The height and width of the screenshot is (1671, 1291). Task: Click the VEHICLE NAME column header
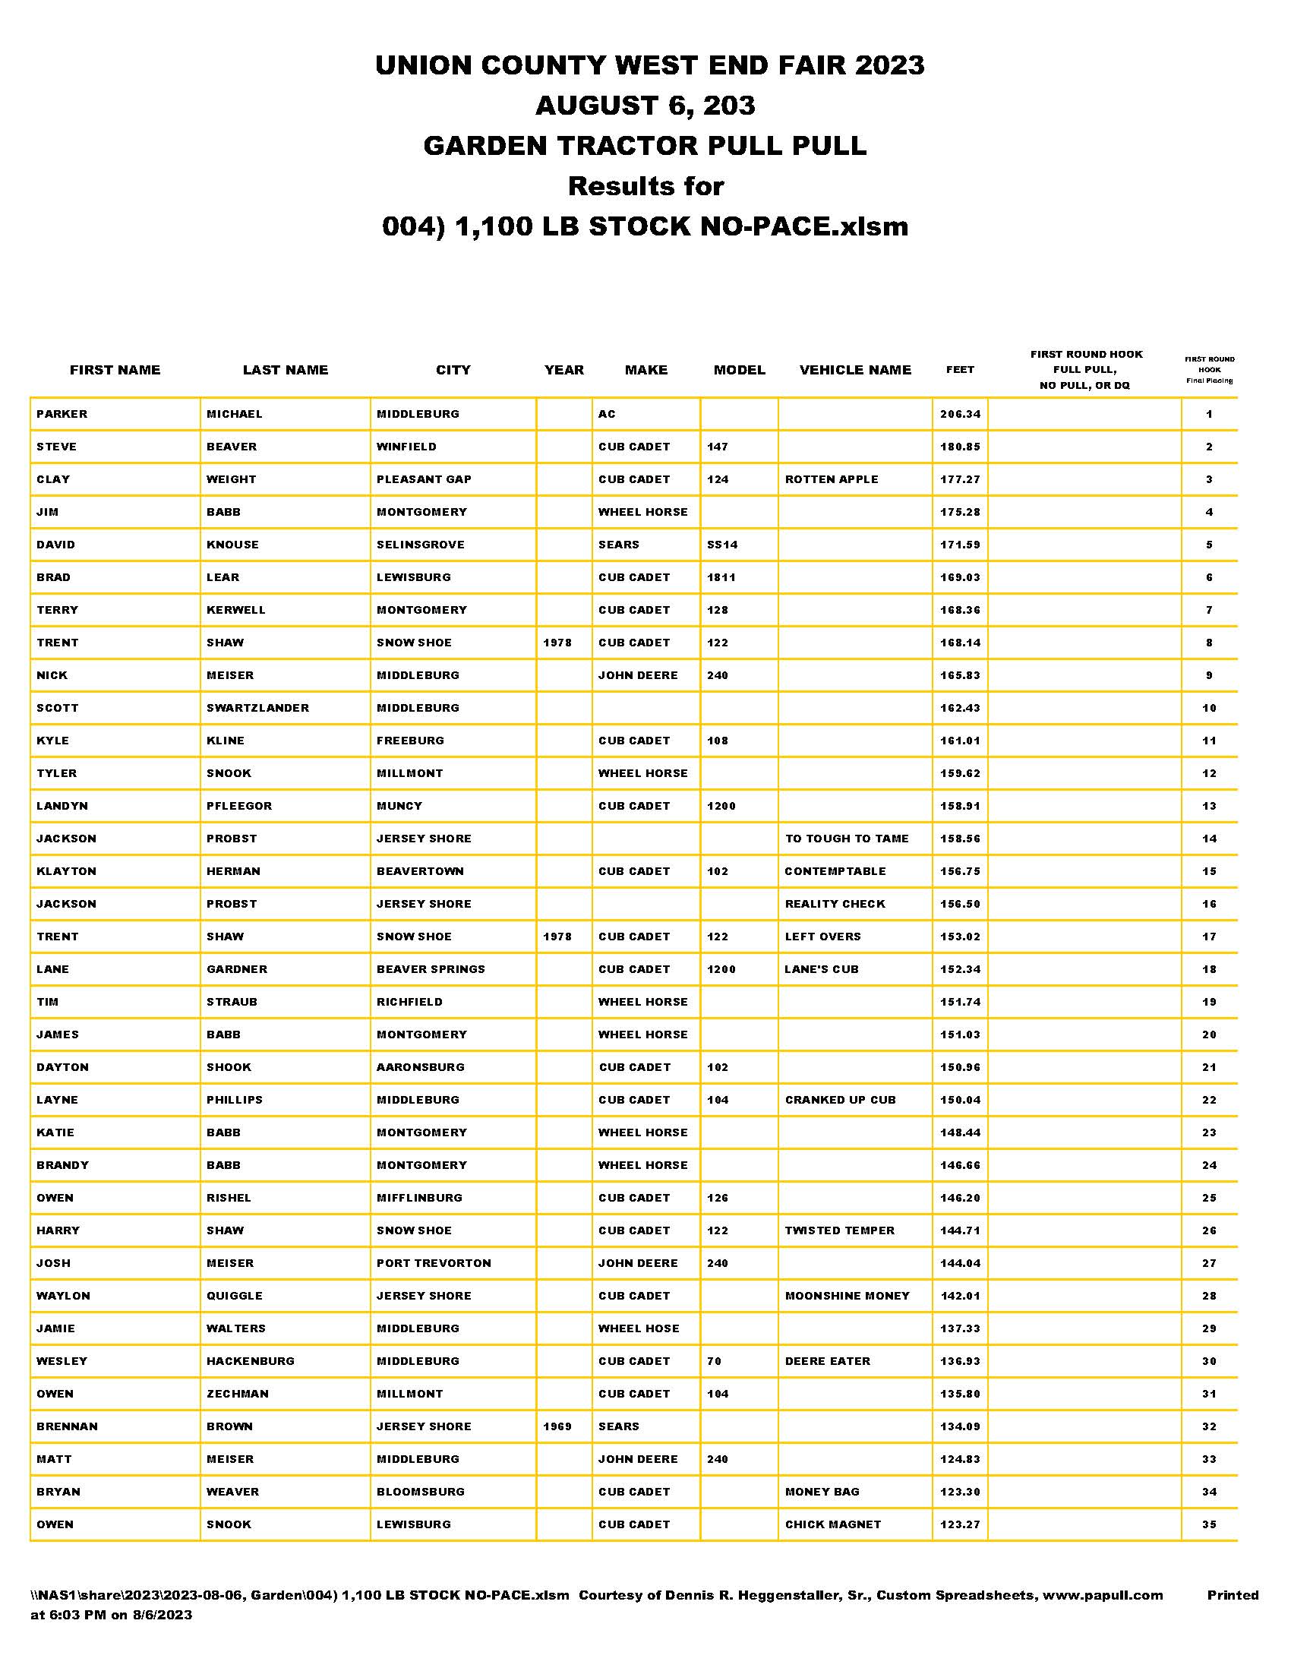pos(855,371)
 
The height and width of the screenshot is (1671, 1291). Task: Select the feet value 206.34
pos(960,414)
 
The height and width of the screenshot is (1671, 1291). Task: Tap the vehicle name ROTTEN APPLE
pos(832,480)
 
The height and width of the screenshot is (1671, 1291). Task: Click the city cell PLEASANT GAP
pos(424,480)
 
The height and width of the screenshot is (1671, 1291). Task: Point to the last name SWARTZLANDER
pos(257,708)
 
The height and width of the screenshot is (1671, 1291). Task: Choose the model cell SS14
pos(722,545)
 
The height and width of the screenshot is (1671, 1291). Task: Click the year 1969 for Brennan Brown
pos(557,1426)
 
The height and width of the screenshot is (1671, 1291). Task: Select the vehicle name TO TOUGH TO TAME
pos(847,839)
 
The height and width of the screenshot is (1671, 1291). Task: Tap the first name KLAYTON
pos(67,871)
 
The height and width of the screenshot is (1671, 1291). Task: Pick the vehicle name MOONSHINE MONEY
pos(848,1296)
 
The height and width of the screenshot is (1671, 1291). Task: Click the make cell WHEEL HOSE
pos(639,1328)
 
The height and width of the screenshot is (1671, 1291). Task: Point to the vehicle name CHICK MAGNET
pos(833,1524)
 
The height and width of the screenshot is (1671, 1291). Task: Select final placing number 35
pos(1208,1524)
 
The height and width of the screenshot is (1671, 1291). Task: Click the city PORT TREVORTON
pos(434,1263)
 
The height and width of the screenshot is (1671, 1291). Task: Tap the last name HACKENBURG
pos(250,1361)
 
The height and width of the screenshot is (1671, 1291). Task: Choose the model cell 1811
pos(721,578)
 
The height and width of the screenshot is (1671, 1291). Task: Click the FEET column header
pos(960,371)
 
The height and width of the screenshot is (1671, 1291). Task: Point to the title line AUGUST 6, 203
pos(645,106)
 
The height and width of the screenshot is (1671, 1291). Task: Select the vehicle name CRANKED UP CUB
pos(840,1101)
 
